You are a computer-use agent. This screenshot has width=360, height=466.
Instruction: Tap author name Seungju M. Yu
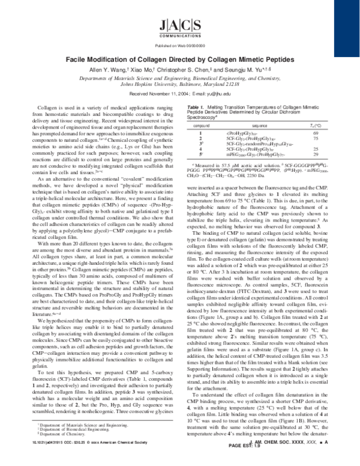click(236, 69)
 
